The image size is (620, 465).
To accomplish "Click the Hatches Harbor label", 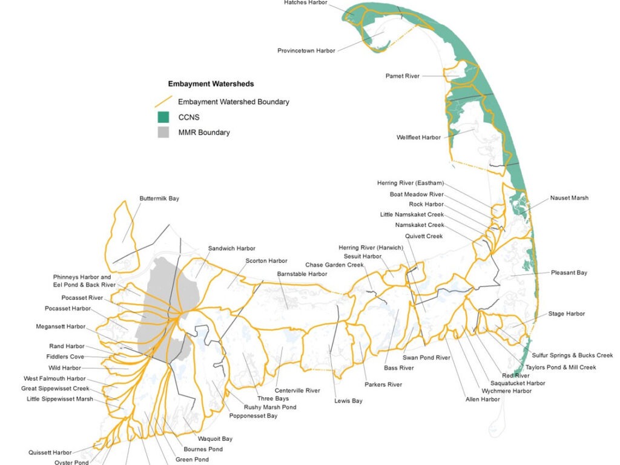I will (305, 3).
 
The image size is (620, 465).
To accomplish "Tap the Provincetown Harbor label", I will (306, 51).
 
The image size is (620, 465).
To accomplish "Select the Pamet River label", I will (402, 76).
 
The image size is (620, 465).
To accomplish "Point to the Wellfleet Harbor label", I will (418, 137).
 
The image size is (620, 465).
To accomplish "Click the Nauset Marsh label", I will (569, 198).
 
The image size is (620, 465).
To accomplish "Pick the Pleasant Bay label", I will (569, 273).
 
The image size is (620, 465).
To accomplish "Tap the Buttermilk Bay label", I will (159, 199).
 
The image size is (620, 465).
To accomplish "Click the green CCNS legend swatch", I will (163, 117).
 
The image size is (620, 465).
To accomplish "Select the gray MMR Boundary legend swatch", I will (163, 132).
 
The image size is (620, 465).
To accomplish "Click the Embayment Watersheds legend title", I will (211, 84).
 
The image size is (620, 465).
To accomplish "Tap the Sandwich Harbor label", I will (232, 249).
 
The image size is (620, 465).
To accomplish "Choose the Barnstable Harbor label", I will (302, 274).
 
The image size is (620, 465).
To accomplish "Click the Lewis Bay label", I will (348, 401).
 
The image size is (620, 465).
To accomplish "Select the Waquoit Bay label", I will (216, 439).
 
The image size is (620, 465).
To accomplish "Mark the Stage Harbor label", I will (567, 314).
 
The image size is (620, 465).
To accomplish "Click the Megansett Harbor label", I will (61, 327).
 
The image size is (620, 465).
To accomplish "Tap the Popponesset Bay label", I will (253, 416).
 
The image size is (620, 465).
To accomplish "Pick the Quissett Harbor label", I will (50, 453).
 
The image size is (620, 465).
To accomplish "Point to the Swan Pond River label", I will (427, 358).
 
